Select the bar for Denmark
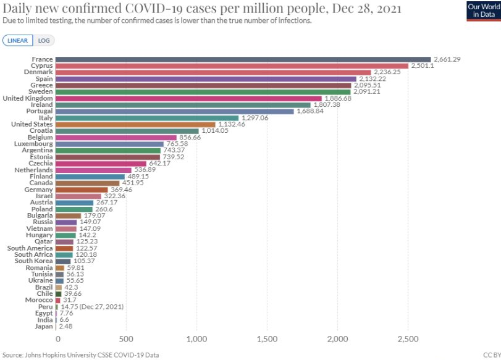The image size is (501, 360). tap(213, 72)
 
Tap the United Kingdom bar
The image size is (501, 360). tap(188, 98)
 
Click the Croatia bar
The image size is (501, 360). tap(127, 130)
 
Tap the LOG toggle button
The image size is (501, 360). tap(44, 40)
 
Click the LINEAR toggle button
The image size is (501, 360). tap(17, 40)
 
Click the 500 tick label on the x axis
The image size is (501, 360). tap(126, 339)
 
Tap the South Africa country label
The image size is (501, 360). tap(34, 254)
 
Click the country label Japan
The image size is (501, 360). tap(43, 325)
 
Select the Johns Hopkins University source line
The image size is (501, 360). tap(81, 354)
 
